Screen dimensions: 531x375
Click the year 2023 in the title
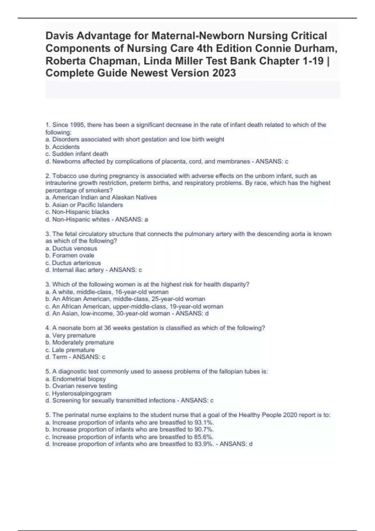(x=224, y=73)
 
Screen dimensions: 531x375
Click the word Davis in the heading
(x=59, y=36)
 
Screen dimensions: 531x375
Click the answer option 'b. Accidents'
(x=62, y=147)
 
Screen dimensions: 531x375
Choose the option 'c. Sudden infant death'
(x=77, y=154)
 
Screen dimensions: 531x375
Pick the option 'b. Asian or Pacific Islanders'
(x=84, y=205)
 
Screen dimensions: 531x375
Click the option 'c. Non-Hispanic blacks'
(x=77, y=212)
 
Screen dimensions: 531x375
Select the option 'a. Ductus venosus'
(x=71, y=249)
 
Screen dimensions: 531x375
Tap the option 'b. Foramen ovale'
(x=70, y=256)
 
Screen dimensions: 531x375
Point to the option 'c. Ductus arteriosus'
(x=73, y=263)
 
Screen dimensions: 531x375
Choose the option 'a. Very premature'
(x=71, y=335)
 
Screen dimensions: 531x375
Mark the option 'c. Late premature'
(x=70, y=350)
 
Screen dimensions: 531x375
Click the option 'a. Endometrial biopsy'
(x=76, y=379)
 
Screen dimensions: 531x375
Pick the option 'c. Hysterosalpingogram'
(x=78, y=394)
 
